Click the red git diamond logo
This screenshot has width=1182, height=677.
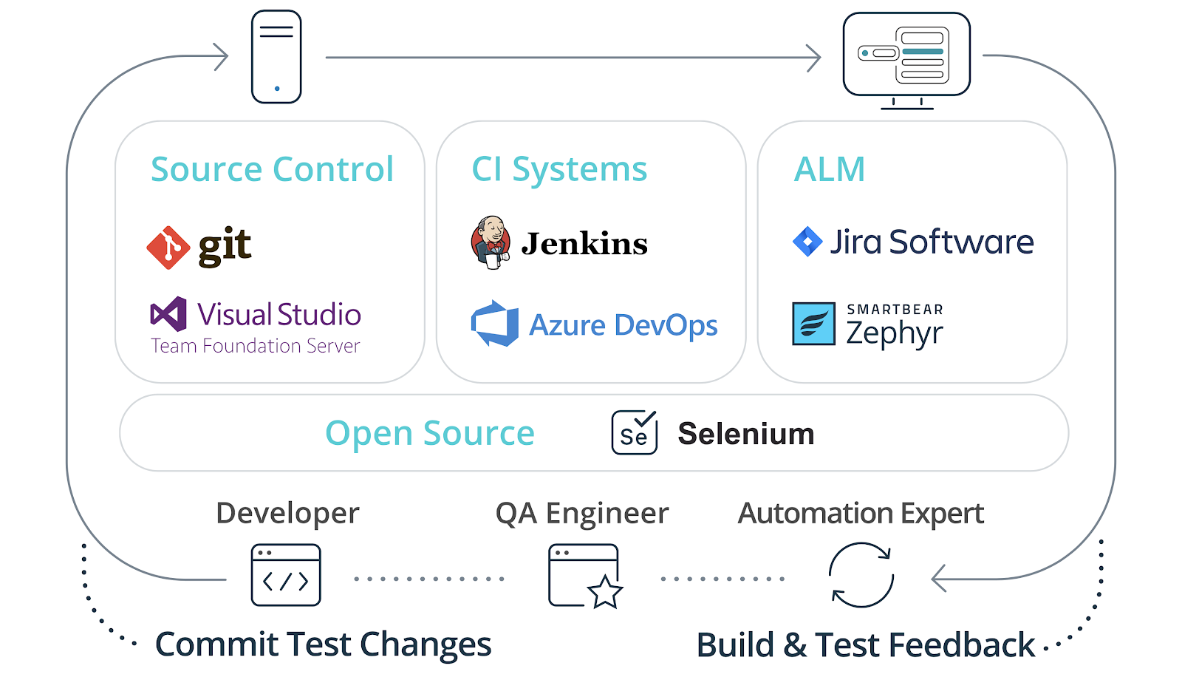pos(168,248)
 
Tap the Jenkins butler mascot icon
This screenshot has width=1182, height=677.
pos(491,242)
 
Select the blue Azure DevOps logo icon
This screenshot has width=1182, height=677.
pos(495,324)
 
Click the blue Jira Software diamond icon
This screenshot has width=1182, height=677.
pos(807,242)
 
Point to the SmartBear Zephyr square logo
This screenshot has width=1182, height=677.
pos(813,324)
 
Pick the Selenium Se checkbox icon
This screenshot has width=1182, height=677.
pos(634,433)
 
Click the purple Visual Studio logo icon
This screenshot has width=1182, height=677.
pos(168,314)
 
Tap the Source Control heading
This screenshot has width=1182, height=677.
pos(272,169)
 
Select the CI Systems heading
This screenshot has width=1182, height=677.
pos(559,169)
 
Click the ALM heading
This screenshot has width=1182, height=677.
pos(829,169)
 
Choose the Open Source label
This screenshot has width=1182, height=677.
pos(429,433)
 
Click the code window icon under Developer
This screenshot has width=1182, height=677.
pos(286,575)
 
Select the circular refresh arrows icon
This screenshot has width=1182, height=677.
pos(861,575)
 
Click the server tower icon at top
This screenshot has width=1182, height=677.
pos(276,57)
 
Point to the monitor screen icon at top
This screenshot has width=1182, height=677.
pos(906,57)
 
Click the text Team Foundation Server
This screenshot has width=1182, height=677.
pos(255,346)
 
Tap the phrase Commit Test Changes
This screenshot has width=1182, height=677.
pos(323,644)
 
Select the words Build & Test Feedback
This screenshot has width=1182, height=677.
pos(865,645)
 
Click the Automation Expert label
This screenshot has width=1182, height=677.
pos(861,513)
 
